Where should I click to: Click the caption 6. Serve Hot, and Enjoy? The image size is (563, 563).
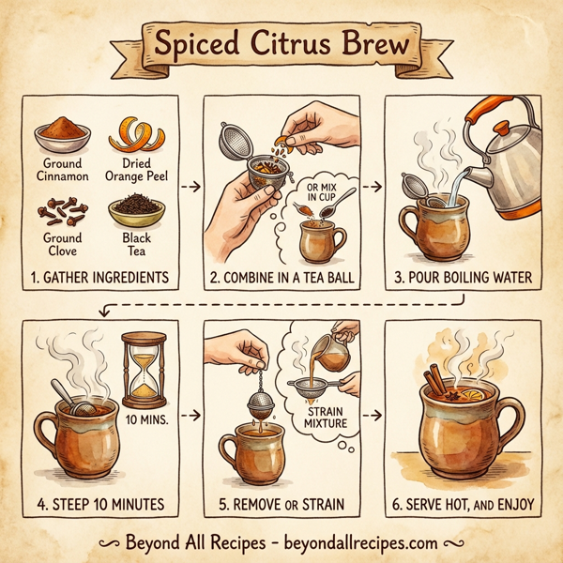[464, 505]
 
